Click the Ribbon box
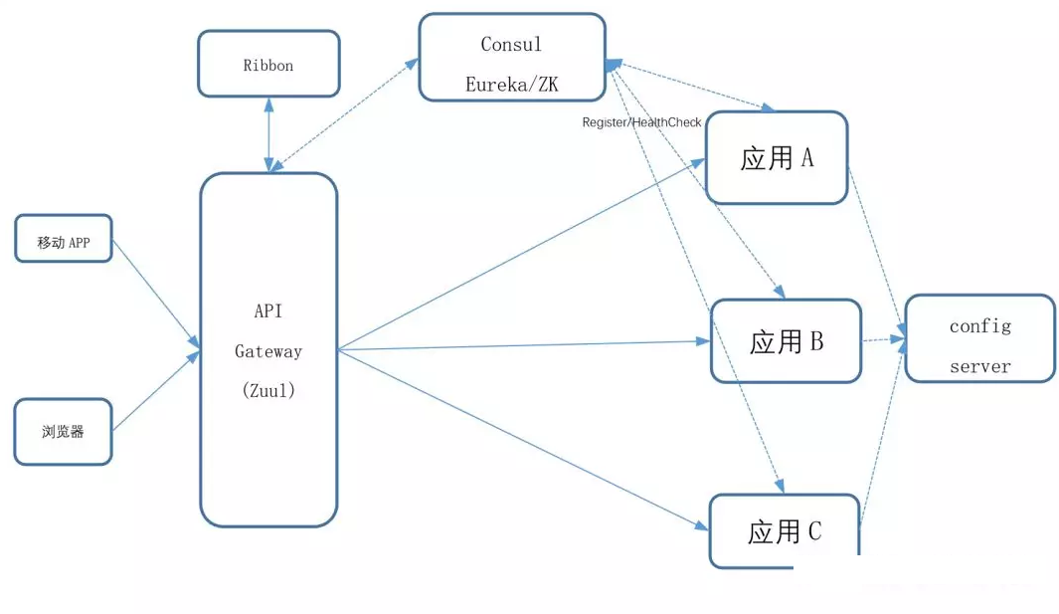click(268, 64)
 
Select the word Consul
click(511, 45)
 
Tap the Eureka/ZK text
click(511, 85)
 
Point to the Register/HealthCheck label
click(641, 122)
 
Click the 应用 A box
click(777, 157)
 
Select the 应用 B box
click(786, 341)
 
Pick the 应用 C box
click(785, 531)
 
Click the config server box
click(979, 338)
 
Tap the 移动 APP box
click(64, 239)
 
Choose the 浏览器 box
click(64, 432)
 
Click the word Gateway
click(268, 351)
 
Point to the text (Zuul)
click(268, 391)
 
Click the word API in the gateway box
click(268, 310)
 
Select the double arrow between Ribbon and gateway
click(268, 134)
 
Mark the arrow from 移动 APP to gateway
click(154, 294)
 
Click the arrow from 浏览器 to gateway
click(154, 391)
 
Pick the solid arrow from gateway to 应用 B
click(522, 345)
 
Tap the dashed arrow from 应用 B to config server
click(883, 339)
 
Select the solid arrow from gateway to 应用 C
click(522, 438)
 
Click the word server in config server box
click(979, 366)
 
